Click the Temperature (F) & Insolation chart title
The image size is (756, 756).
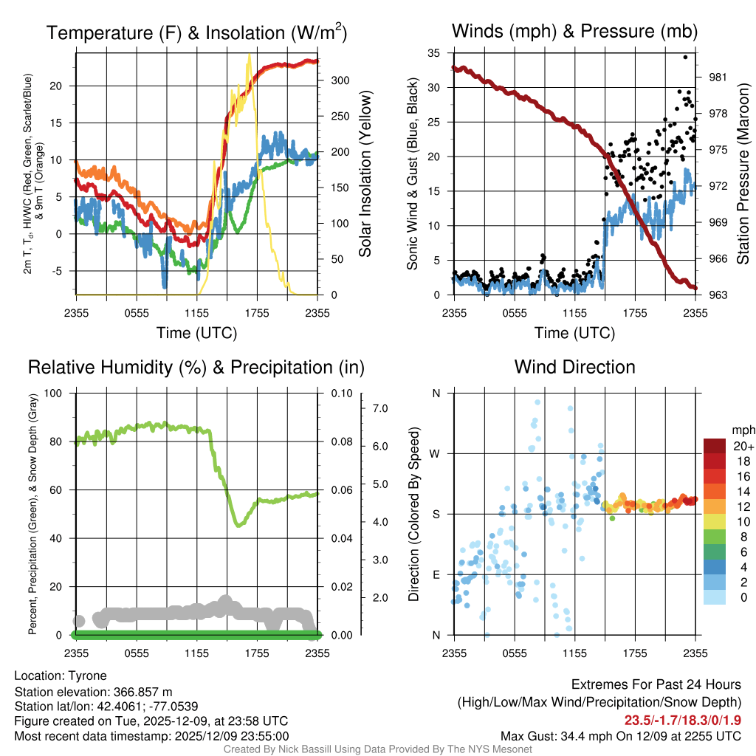[x=196, y=32]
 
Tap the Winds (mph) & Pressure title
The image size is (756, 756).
[x=574, y=31]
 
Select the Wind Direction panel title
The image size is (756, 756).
[x=574, y=367]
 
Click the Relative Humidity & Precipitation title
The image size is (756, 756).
[x=196, y=367]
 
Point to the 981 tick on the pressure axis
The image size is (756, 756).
[x=717, y=77]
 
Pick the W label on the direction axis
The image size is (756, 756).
[x=436, y=453]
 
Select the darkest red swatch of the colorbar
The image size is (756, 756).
[x=715, y=446]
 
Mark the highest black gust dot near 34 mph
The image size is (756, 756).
[x=685, y=57]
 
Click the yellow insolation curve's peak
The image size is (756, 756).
[x=250, y=55]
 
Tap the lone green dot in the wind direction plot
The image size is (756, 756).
[x=612, y=518]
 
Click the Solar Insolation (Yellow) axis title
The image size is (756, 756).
[x=365, y=174]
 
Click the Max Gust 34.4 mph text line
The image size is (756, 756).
[x=620, y=735]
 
